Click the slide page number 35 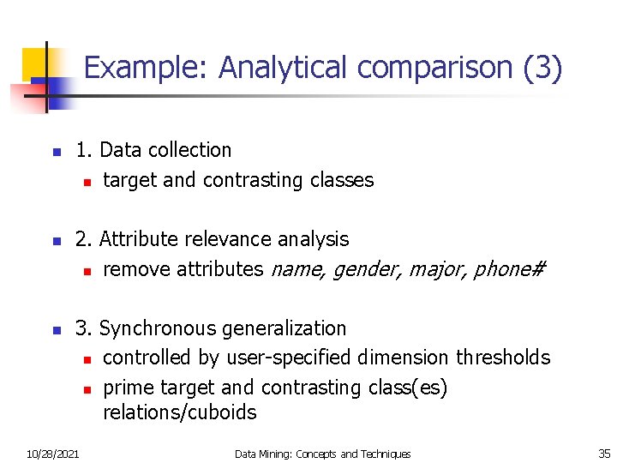(x=604, y=454)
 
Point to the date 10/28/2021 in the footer (x=52, y=454)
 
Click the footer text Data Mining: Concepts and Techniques (x=323, y=454)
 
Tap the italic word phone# (x=509, y=269)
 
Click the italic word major (x=436, y=269)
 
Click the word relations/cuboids (x=179, y=412)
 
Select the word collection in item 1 (x=189, y=150)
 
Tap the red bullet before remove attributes (x=87, y=271)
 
